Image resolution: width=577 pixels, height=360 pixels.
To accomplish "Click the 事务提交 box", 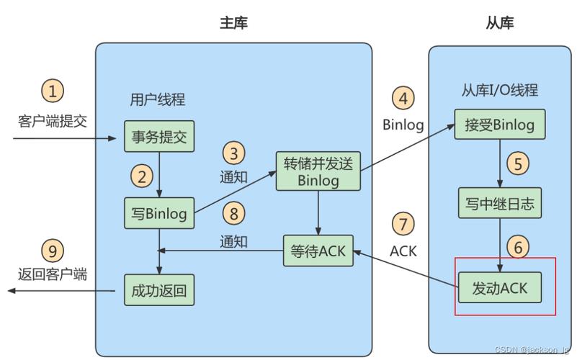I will pos(159,136).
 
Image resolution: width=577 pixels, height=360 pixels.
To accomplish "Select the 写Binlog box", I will pos(159,213).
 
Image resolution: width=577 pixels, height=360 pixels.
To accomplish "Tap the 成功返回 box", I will pos(159,290).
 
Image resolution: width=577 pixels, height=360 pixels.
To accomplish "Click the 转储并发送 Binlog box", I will pos(318,171).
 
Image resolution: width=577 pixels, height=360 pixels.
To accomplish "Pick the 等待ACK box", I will pos(318,251).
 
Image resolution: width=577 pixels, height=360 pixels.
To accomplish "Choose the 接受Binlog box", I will pos(499,125).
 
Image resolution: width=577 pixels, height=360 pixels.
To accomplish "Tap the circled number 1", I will pos(53,91).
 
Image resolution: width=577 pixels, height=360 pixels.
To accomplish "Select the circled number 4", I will pos(403,97).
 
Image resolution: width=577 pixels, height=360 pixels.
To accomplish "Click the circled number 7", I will pos(403,223).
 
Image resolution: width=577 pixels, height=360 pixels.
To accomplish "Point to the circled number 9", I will pos(53,251).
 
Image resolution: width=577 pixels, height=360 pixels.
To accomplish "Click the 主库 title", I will pos(233,23).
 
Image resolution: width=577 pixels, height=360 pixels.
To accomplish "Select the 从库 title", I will pos(498,23).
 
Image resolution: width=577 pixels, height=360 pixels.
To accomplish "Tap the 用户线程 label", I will pos(157,100).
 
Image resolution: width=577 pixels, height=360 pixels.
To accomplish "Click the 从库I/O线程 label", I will pos(499,90).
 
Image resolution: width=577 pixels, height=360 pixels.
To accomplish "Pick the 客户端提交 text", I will pos(53,120).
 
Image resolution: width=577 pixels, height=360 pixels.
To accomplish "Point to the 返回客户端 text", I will pos(53,274).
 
